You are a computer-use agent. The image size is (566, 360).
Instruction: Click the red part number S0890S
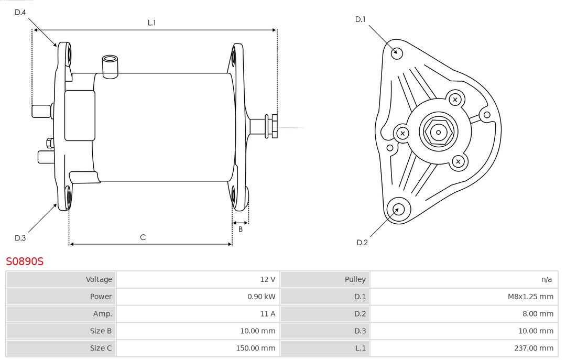pos(25,261)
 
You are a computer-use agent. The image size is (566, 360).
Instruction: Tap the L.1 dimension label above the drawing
pos(151,23)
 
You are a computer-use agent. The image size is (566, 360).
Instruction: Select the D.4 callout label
pos(20,12)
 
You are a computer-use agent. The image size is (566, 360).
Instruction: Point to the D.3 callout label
pos(20,238)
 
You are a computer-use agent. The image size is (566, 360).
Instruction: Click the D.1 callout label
pos(360,19)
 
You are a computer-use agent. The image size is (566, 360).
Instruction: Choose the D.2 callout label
pos(362,242)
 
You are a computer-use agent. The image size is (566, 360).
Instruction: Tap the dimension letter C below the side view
pos(143,237)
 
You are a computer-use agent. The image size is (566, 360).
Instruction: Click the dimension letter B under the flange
pos(241,229)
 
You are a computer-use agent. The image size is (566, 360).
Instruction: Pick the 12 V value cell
pos(267,279)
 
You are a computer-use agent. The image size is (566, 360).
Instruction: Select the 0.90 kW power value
pos(261,297)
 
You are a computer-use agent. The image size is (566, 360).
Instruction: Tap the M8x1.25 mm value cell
pos(530,297)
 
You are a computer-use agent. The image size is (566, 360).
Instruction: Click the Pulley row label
pos(355,279)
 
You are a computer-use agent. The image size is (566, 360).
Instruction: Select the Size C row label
pos(101,347)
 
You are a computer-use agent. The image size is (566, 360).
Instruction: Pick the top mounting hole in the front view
pos(397,52)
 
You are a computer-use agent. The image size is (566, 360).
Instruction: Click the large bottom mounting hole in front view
pos(397,210)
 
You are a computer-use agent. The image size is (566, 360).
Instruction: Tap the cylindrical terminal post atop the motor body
pos(111,66)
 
